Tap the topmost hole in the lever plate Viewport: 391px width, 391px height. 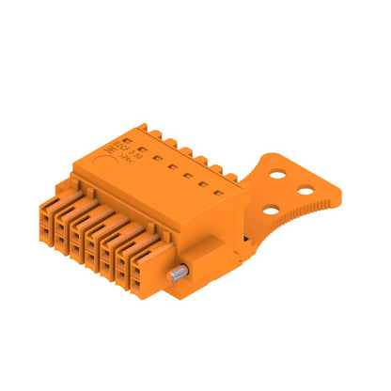[278, 174]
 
